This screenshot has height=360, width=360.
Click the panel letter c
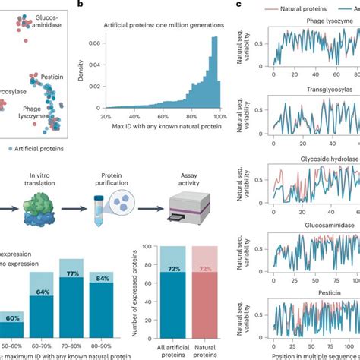click(238, 5)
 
